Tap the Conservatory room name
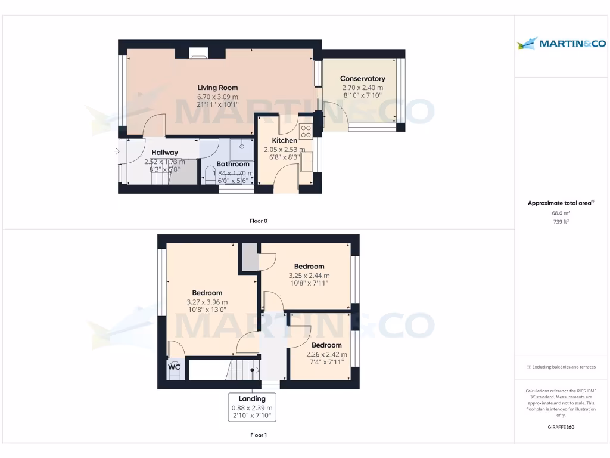pyautogui.click(x=362, y=79)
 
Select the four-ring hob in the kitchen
pyautogui.click(x=306, y=131)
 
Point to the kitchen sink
pyautogui.click(x=307, y=161)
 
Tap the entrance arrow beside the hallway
pyautogui.click(x=116, y=151)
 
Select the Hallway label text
pyautogui.click(x=164, y=153)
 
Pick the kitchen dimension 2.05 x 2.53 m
pyautogui.click(x=284, y=150)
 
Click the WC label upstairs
pyautogui.click(x=174, y=367)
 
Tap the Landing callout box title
pyautogui.click(x=252, y=399)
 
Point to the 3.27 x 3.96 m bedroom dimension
pyautogui.click(x=207, y=302)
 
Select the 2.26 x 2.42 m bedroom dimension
pyautogui.click(x=326, y=354)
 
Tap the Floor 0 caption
pyautogui.click(x=258, y=221)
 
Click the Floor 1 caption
pyautogui.click(x=258, y=435)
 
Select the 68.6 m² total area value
pyautogui.click(x=561, y=212)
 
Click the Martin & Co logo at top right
pyautogui.click(x=561, y=43)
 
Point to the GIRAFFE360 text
pyautogui.click(x=561, y=427)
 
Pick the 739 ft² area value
pyautogui.click(x=561, y=221)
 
